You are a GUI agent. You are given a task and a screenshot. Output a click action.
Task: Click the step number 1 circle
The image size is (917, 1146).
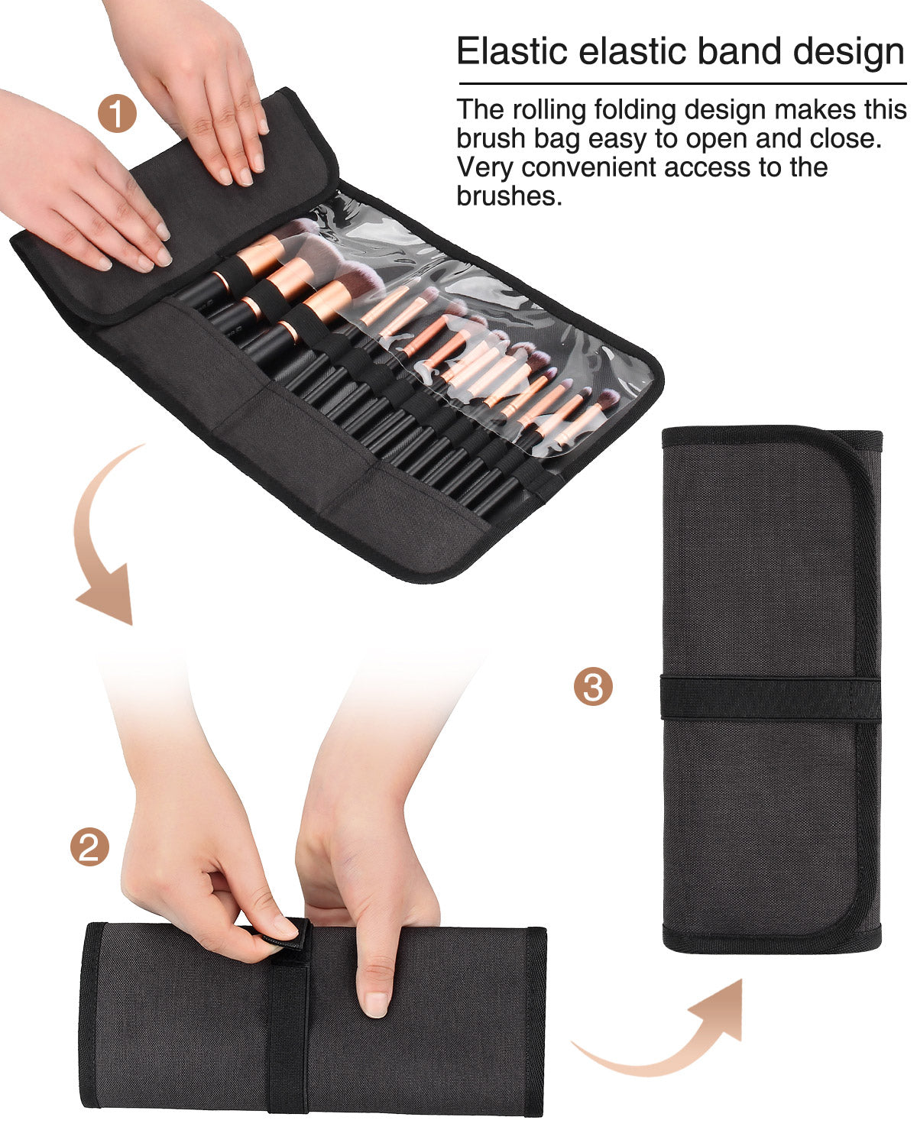[x=117, y=113]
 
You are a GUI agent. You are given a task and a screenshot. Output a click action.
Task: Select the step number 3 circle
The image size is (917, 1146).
[x=593, y=686]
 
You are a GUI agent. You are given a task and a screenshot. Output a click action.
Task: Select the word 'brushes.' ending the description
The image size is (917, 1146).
[x=509, y=196]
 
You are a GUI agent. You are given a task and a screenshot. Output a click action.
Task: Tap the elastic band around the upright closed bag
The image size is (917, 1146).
[x=770, y=698]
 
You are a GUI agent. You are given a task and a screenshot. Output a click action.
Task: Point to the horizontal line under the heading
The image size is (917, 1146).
[x=682, y=83]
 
